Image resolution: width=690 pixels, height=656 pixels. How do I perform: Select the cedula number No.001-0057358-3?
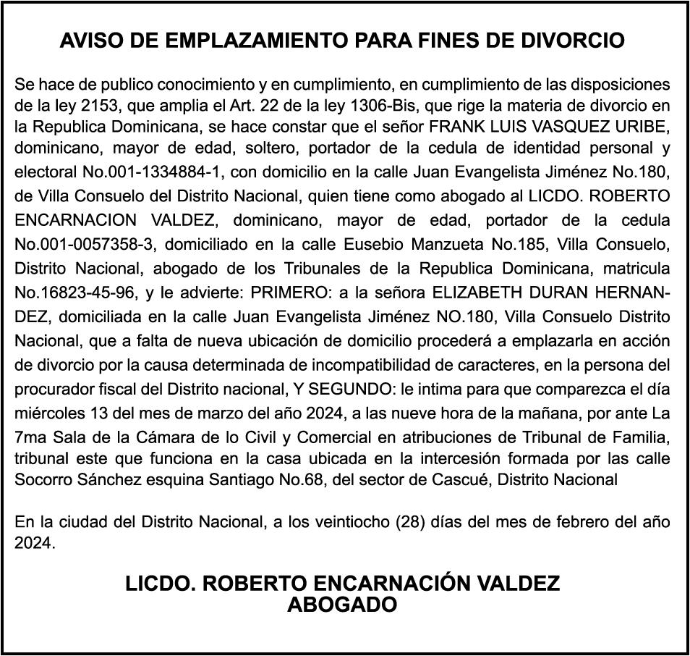point(88,244)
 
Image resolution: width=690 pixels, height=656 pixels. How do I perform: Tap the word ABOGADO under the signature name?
point(342,605)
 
